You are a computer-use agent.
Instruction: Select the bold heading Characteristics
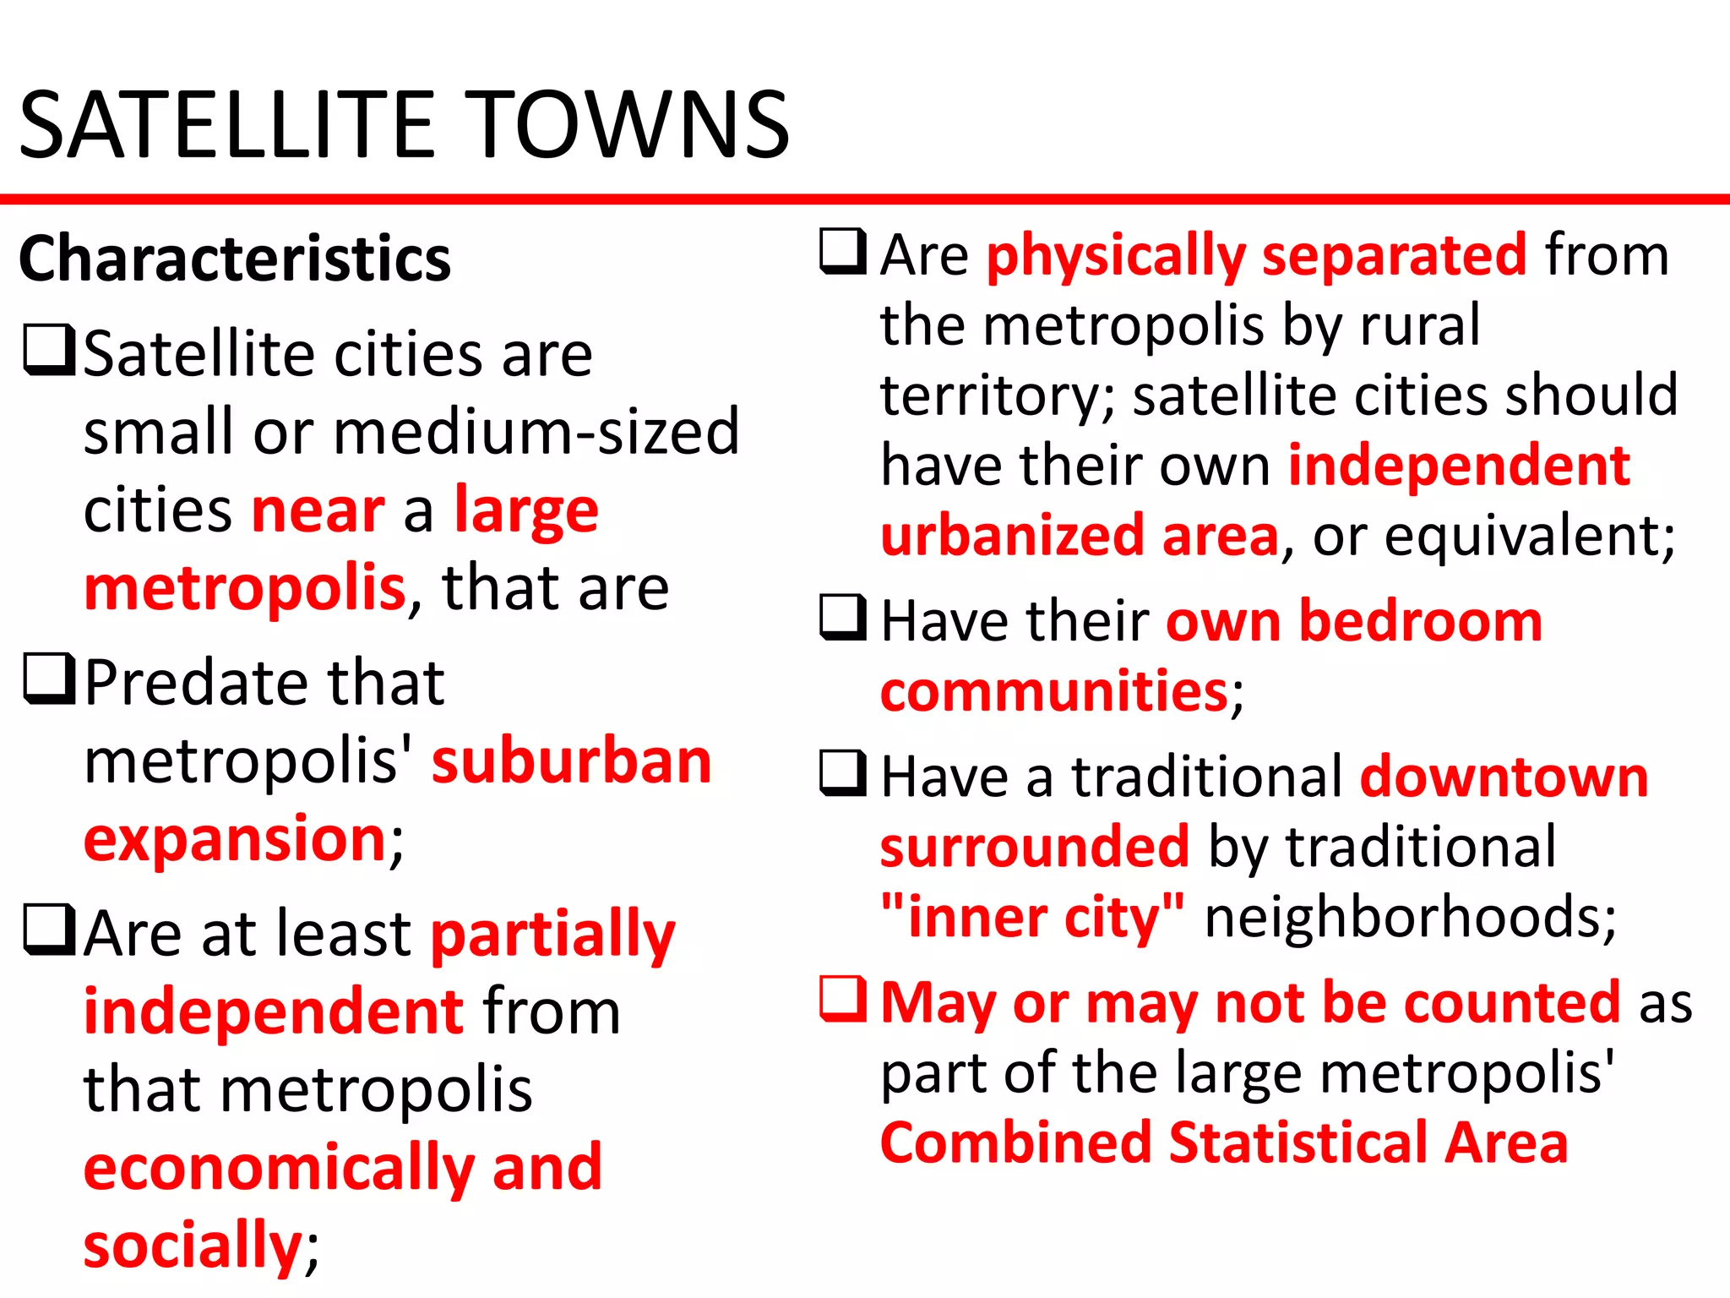click(x=235, y=259)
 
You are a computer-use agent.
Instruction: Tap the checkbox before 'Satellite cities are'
click(x=50, y=351)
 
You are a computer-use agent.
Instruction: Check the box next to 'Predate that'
click(x=50, y=679)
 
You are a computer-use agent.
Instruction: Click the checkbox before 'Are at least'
click(x=50, y=930)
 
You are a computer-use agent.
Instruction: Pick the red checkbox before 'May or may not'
click(x=843, y=999)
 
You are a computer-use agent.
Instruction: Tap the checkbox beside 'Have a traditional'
click(x=843, y=773)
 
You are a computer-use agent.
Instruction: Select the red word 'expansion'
click(x=235, y=838)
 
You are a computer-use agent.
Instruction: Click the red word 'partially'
click(x=553, y=935)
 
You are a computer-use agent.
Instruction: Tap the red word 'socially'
click(x=193, y=1244)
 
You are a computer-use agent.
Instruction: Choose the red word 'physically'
click(x=1116, y=255)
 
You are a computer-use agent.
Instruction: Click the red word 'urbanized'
click(x=1012, y=536)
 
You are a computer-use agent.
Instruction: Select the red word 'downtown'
click(x=1504, y=776)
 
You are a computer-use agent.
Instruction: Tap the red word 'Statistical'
click(x=1297, y=1143)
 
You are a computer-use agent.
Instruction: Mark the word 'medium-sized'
click(x=536, y=432)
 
